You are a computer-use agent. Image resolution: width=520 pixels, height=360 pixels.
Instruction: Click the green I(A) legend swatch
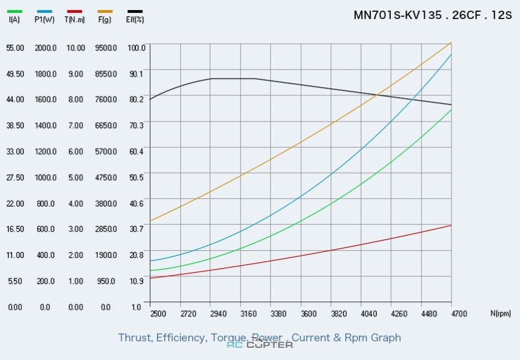[15, 11]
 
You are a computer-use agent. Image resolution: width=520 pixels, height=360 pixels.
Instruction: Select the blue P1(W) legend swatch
[45, 11]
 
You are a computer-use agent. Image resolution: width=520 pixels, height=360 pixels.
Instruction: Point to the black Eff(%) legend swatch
[135, 11]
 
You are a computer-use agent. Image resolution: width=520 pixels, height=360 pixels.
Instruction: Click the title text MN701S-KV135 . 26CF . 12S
[432, 15]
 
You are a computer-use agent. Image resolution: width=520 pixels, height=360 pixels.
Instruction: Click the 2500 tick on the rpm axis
[158, 314]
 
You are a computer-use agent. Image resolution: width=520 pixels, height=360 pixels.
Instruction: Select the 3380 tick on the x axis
[278, 314]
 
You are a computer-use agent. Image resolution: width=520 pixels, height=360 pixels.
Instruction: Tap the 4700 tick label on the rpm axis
[459, 314]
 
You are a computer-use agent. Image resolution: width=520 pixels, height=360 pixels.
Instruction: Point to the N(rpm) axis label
[500, 314]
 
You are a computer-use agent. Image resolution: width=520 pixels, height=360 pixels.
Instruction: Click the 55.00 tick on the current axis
[15, 48]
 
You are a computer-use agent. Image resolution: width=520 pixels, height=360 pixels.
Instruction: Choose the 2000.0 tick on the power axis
[46, 48]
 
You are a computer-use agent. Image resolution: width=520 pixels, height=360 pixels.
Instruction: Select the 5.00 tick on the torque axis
[75, 177]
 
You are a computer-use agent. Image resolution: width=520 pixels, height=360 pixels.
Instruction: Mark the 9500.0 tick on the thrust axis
[106, 48]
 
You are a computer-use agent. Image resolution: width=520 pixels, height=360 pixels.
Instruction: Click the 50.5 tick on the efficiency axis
[136, 177]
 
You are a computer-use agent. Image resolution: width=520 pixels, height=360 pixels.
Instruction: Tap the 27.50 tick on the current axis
[15, 177]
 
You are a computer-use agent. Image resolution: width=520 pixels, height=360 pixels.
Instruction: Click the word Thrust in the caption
[135, 338]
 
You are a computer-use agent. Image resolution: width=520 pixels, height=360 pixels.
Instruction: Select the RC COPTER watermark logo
[259, 344]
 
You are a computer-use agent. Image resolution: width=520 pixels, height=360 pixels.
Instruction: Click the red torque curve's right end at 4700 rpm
[451, 225]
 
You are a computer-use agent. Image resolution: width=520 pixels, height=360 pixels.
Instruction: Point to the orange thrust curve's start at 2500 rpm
[150, 221]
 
